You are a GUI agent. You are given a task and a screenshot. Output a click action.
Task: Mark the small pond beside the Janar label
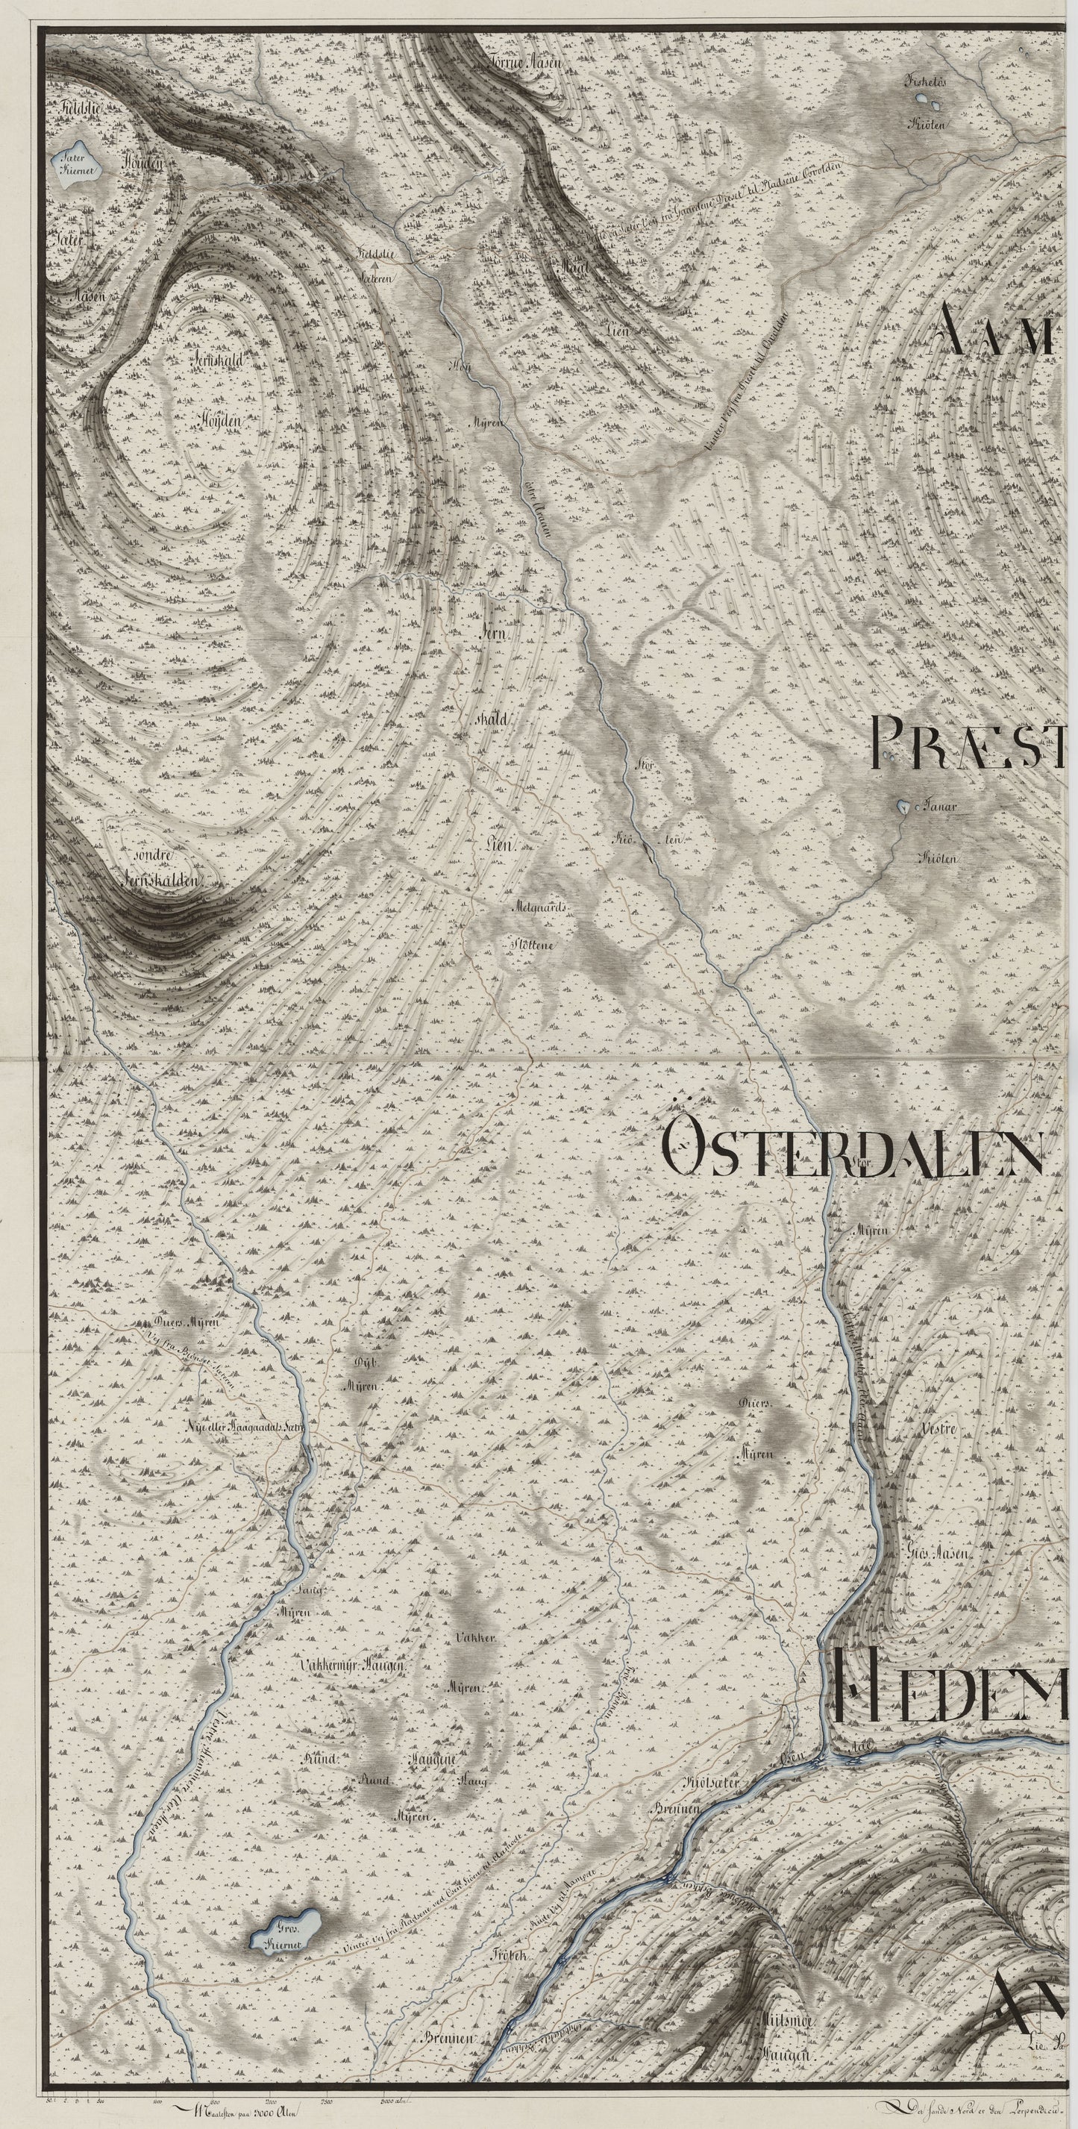[x=903, y=806]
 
